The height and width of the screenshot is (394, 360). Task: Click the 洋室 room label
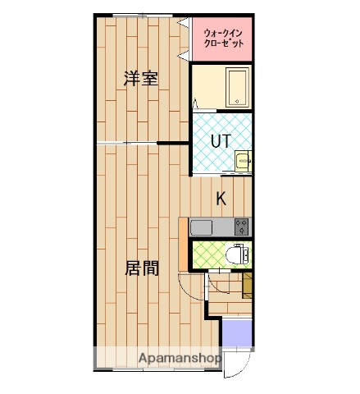pos(141,80)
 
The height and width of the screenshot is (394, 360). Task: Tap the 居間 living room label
pos(141,268)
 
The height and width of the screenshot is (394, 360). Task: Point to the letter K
pos(221,198)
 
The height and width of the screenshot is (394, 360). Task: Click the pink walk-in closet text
pos(222,38)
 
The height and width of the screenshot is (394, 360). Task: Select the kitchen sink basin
pos(202,227)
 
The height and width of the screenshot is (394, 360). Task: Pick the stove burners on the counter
pos(242,226)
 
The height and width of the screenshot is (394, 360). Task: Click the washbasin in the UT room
pos(242,162)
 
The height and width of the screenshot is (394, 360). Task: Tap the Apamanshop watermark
pos(180,360)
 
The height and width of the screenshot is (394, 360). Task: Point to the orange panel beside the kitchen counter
pos(183,243)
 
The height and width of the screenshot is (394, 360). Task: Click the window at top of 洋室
pos(136,16)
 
